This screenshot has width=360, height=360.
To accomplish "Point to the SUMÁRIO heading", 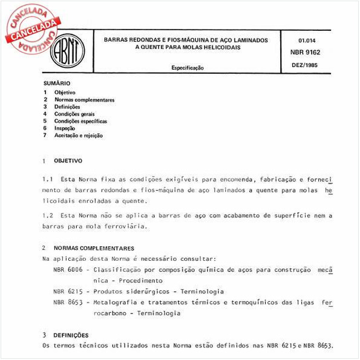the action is pos(57,83).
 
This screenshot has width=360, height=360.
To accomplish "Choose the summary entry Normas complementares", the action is pos(84,99).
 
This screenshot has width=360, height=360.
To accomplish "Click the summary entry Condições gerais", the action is pos(74,114).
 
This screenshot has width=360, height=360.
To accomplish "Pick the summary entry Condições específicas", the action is pos(80,121).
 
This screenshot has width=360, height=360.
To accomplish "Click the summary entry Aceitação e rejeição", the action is pos(79,136).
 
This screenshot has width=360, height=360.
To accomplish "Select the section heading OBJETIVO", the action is pos(68,162).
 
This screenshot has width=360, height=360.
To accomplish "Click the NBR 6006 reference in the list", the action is pos(67,269).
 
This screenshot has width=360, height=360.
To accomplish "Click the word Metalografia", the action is pos(119,302).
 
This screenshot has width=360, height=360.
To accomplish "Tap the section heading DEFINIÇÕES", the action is pos(71,335).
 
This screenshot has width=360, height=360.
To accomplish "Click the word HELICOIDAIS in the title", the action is pos(215,48).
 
